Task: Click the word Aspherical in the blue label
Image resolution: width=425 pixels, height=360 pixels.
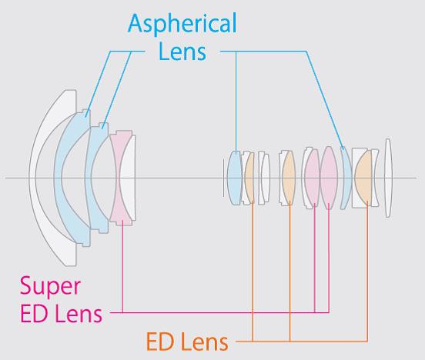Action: point(182,24)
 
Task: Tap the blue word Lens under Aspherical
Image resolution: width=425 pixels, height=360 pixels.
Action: point(182,52)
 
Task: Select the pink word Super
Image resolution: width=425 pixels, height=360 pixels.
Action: point(50,287)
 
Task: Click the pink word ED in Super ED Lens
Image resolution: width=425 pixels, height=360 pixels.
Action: point(34,313)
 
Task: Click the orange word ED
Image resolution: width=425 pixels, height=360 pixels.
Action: point(160,342)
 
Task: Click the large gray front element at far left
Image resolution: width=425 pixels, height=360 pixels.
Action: point(41,178)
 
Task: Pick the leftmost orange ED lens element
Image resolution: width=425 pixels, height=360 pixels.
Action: point(249,178)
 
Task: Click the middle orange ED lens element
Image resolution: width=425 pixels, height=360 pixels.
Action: point(289,178)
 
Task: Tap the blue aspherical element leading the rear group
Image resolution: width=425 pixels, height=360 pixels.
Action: point(234,178)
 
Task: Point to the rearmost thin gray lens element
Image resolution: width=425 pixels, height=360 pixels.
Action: point(388,178)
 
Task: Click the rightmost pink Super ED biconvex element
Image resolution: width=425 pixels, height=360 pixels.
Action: point(329,178)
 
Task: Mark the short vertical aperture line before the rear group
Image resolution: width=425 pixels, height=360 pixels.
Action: point(223,178)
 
